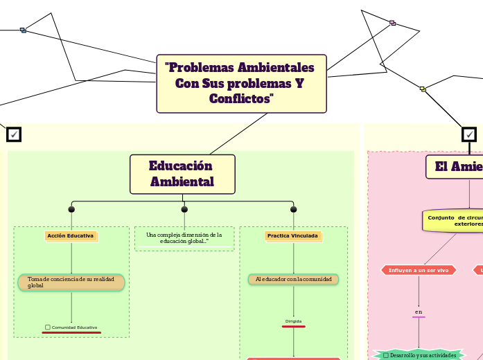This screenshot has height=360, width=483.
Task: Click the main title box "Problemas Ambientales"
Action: pyautogui.click(x=241, y=83)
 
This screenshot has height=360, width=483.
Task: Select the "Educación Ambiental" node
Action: pyautogui.click(x=182, y=174)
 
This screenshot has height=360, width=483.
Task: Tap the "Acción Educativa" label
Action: pyautogui.click(x=71, y=236)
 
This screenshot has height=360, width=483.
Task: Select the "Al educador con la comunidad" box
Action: pyautogui.click(x=293, y=279)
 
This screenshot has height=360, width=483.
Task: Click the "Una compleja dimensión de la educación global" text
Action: pyautogui.click(x=184, y=238)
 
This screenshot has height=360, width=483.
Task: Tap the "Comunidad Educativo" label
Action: pyautogui.click(x=71, y=327)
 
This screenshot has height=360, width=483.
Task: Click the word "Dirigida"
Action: pyautogui.click(x=293, y=321)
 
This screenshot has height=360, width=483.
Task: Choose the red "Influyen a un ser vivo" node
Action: pyautogui.click(x=419, y=270)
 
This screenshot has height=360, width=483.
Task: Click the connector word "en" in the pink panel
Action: pyautogui.click(x=419, y=312)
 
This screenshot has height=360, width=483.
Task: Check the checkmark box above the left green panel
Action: pyautogui.click(x=14, y=134)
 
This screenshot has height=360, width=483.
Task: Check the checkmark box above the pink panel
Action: pyautogui.click(x=469, y=134)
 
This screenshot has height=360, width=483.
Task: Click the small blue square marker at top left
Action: pyautogui.click(x=23, y=30)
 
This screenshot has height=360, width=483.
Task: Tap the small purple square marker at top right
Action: pyautogui.click(x=392, y=23)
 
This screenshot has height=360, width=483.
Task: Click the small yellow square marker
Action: pyautogui.click(x=423, y=89)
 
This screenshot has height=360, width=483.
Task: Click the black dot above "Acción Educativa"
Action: pyautogui.click(x=71, y=209)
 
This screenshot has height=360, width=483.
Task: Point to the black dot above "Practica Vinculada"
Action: pyautogui.click(x=293, y=209)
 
